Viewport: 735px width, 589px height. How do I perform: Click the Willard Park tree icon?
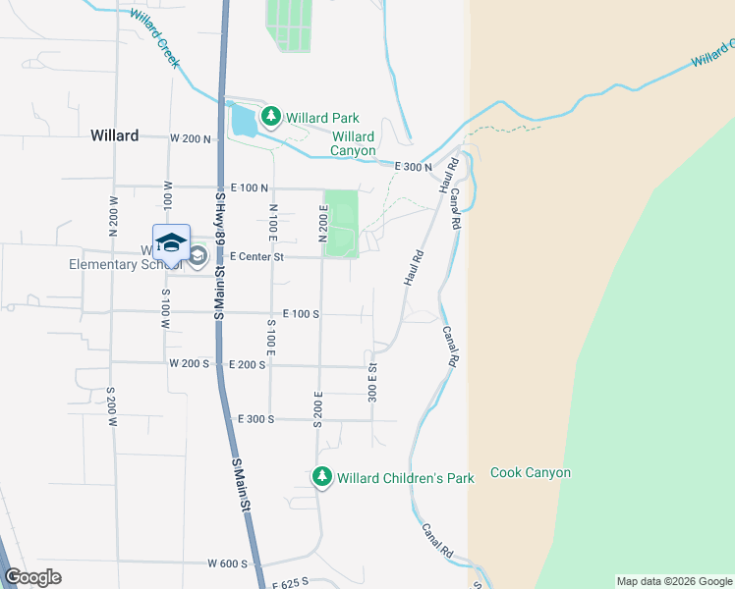pos(270,118)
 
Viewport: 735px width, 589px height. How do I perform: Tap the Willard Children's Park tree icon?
pos(321,478)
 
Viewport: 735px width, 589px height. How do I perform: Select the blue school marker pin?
pos(171,243)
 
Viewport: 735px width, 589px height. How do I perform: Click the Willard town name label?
pos(115,135)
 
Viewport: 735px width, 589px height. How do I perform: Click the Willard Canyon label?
pos(353,144)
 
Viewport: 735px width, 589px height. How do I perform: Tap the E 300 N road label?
pos(414,168)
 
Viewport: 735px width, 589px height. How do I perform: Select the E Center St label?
pos(256,257)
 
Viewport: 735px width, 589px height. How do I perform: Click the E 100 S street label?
pos(301,314)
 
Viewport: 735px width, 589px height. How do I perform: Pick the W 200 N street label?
pos(191,139)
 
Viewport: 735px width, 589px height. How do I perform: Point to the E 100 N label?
pos(250,187)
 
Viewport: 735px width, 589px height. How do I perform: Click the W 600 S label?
pos(229,563)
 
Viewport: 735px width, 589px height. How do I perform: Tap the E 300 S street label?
pos(255,419)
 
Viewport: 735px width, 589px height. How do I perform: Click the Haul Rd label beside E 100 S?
pos(413,269)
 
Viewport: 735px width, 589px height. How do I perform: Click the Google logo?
pos(32,577)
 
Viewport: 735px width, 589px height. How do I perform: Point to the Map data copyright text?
pos(673,581)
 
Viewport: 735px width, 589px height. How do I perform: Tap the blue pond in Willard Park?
pos(241,121)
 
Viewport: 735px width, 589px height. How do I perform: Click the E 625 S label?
pos(291,583)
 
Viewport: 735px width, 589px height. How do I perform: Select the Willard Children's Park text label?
pos(406,478)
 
